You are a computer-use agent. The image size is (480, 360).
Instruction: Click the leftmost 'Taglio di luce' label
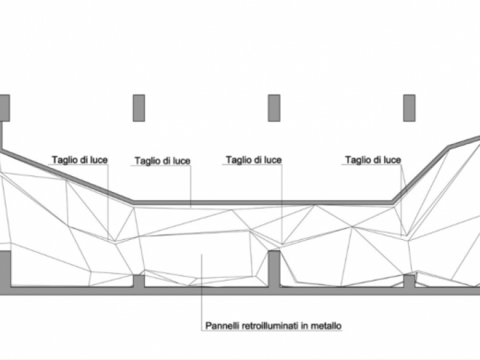(x=80, y=160)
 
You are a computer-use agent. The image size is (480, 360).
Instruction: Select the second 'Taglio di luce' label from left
(x=163, y=161)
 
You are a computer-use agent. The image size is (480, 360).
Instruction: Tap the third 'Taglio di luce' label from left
(x=254, y=160)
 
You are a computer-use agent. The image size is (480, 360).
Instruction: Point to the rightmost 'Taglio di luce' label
(x=373, y=160)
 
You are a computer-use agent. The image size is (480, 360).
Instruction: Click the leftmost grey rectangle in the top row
(x=4, y=108)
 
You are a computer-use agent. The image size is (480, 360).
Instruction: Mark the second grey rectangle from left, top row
(x=139, y=108)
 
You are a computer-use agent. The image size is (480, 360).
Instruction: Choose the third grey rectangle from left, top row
(x=274, y=108)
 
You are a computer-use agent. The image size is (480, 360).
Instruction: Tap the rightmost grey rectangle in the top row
(x=409, y=108)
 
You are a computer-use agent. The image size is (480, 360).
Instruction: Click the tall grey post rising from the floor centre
(x=274, y=267)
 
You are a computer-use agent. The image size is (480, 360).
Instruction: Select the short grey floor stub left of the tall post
(x=139, y=281)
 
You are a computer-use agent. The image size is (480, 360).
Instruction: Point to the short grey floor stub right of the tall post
(x=409, y=280)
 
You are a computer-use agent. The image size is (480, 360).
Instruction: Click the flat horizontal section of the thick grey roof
(x=261, y=203)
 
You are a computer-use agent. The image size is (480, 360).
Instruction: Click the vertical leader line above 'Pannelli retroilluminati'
(x=202, y=288)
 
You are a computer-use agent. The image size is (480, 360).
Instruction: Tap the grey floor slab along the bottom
(x=206, y=291)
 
